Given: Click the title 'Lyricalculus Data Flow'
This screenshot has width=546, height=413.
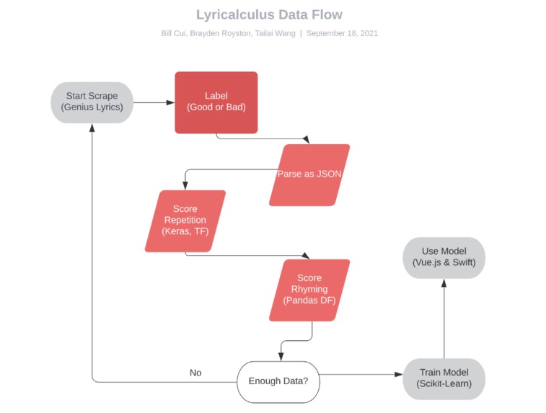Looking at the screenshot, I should [x=269, y=14].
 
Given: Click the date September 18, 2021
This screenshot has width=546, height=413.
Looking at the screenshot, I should [x=342, y=33].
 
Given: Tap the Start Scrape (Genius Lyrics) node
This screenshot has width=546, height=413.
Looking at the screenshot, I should [x=92, y=102].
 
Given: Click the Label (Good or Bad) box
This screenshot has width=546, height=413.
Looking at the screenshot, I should [x=216, y=102].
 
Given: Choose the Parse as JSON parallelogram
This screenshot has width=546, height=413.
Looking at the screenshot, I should [x=309, y=174].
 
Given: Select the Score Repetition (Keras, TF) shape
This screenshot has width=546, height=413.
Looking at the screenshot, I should [x=185, y=221].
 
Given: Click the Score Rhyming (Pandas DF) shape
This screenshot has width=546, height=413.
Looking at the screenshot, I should [x=309, y=290].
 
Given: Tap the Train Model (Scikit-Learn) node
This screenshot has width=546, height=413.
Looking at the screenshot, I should [x=444, y=378].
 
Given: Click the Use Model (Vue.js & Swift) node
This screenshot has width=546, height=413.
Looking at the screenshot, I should [x=444, y=257].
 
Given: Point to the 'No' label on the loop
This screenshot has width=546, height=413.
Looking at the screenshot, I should [x=195, y=373].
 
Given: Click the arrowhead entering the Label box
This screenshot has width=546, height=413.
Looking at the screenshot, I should [x=170, y=102].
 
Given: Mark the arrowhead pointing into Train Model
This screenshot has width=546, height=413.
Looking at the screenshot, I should [x=397, y=375].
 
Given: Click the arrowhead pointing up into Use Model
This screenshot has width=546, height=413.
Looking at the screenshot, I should [x=444, y=283].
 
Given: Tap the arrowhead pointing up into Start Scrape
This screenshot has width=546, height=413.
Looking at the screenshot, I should [x=92, y=127].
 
